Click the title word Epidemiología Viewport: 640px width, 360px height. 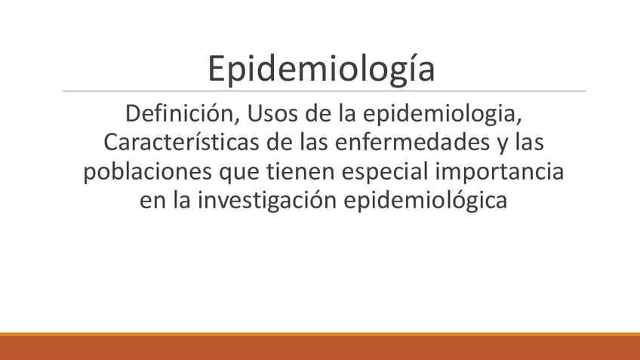322,69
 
